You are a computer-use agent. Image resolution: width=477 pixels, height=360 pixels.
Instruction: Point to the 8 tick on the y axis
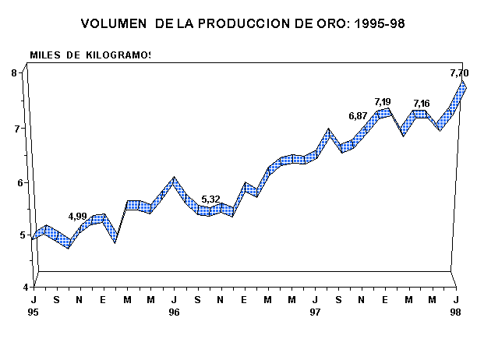point(15,73)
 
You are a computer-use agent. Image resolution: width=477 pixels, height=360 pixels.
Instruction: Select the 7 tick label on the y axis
point(15,128)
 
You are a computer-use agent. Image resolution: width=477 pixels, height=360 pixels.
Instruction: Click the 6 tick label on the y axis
point(15,183)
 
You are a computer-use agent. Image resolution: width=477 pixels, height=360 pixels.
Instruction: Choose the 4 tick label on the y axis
point(15,287)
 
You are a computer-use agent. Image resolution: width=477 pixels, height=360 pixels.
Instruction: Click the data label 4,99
point(77,216)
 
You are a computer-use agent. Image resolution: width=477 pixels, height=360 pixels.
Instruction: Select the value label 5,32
point(210,199)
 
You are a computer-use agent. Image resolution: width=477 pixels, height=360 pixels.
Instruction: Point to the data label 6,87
point(358,116)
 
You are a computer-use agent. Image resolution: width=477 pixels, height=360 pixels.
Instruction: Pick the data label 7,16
point(421,104)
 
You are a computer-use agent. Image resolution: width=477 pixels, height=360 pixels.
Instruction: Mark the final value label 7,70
point(459,73)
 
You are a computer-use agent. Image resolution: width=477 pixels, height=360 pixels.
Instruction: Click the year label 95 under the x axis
point(34,312)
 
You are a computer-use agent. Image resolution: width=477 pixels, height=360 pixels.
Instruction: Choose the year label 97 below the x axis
point(315,312)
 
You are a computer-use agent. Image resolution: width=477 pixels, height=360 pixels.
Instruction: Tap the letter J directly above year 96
point(174,300)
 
